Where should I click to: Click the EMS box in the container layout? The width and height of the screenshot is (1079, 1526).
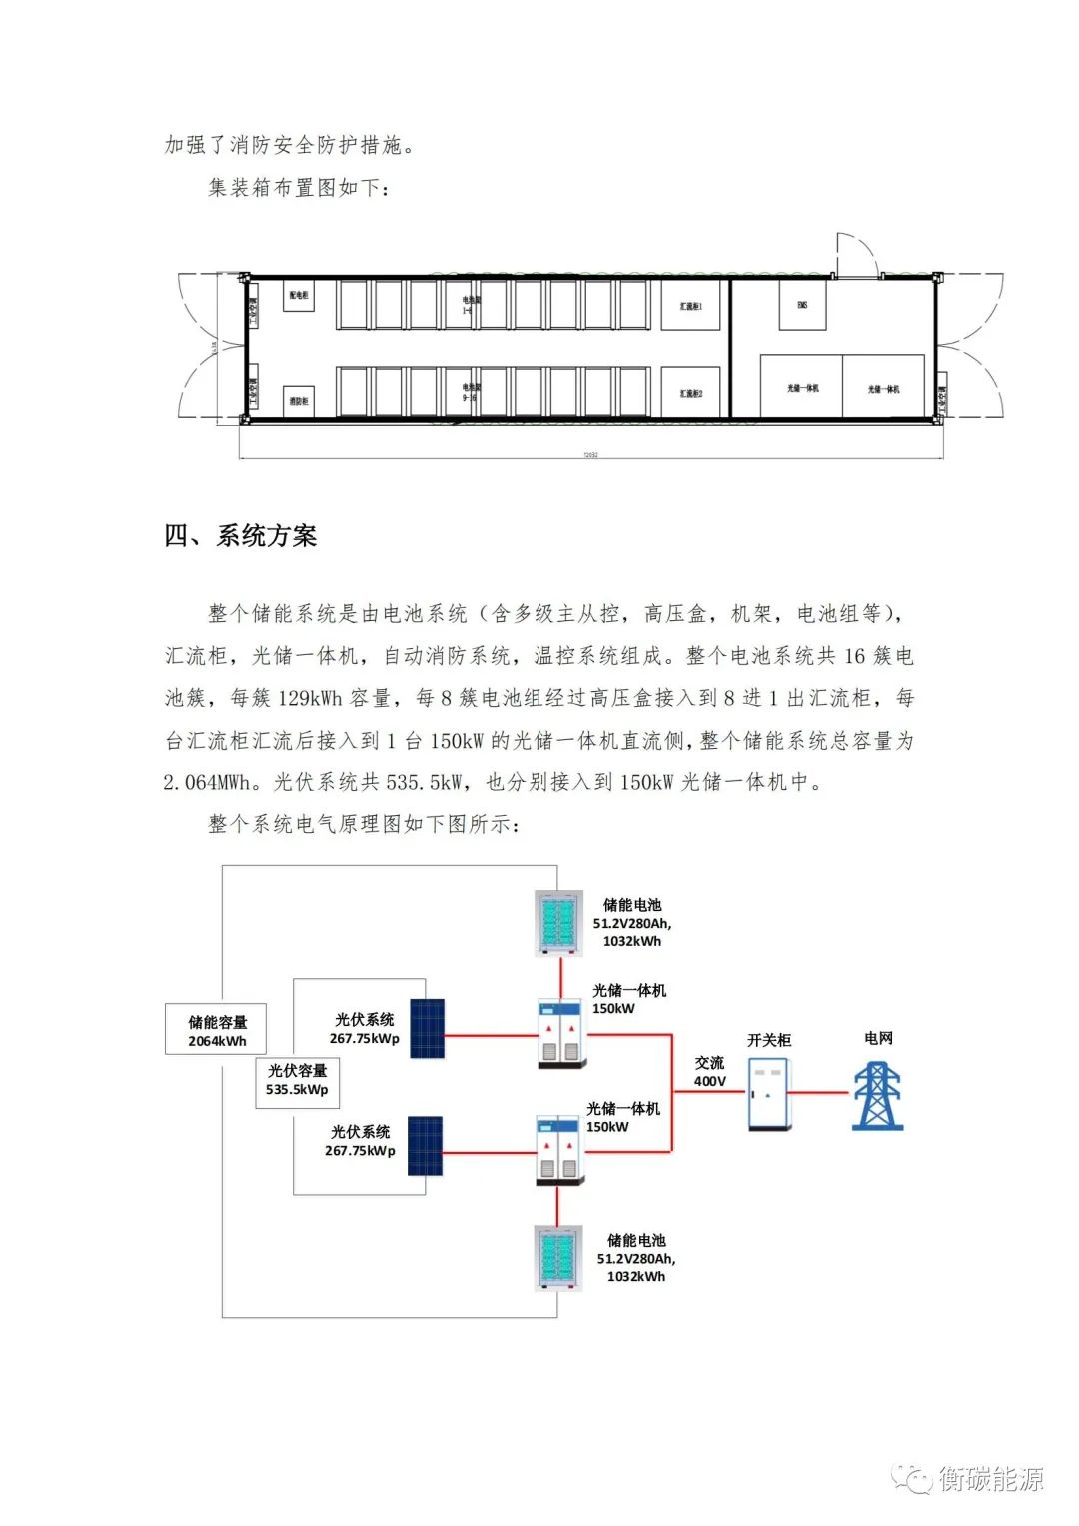802,305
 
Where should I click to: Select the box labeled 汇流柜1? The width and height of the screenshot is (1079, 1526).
690,306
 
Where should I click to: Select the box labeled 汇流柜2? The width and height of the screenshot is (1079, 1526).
690,393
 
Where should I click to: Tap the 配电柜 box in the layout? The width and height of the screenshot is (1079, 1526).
299,296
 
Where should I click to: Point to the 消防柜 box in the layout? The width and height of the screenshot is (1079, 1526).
299,400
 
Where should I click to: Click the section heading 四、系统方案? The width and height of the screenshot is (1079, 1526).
241,536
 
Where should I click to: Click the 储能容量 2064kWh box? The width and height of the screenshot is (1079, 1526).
217,1030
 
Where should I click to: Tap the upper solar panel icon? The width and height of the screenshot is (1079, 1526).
427,1028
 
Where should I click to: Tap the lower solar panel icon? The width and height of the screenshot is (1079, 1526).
425,1146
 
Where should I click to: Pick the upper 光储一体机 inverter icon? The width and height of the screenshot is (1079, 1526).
559,1032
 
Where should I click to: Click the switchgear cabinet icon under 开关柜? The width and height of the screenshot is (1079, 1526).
768,1094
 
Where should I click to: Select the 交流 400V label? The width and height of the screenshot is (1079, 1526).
709,1071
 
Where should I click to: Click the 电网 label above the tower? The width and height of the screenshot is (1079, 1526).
878,1038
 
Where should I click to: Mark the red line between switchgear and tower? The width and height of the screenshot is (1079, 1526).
819,1092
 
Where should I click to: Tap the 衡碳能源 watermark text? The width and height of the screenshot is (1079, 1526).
990,1478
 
